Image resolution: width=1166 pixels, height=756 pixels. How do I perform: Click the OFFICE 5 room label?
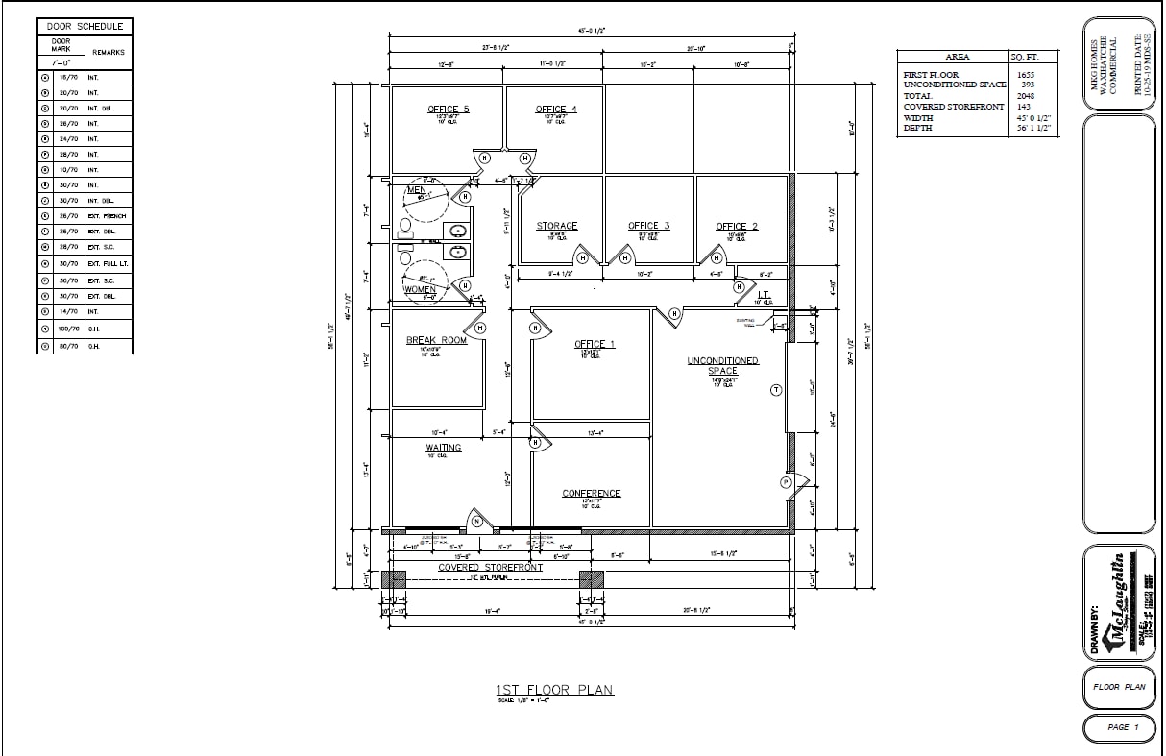pos(449,110)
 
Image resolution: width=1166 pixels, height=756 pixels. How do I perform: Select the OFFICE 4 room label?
pos(556,110)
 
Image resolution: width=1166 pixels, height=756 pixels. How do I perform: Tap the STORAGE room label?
pos(556,227)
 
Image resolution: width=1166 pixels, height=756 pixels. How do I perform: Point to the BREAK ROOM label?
pos(436,340)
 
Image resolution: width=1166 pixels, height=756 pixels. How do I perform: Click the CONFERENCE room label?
pos(592,494)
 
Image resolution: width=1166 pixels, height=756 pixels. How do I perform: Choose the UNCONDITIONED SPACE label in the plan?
pos(722,366)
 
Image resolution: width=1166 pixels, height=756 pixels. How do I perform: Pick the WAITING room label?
pos(443,448)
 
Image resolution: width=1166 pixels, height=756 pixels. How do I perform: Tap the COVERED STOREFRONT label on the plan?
pos(490,568)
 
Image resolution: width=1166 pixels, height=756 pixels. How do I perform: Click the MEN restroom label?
pos(417,190)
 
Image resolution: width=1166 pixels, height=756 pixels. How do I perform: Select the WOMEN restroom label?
pos(420,289)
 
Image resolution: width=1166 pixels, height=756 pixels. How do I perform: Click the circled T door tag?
pos(776,389)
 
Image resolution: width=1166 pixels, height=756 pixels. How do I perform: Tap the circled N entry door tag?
pos(476,522)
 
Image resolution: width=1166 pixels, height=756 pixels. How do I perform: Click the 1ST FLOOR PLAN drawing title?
pos(554,690)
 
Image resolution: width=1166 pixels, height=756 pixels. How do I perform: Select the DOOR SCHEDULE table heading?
pos(85,27)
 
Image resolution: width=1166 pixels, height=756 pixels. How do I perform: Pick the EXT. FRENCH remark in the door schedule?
pos(107,216)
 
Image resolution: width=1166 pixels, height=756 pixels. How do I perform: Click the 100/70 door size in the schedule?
pos(68,329)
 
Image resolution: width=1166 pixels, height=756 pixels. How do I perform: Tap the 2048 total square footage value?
pos(1026,96)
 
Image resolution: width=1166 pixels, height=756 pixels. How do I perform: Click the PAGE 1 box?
pos(1118,727)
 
